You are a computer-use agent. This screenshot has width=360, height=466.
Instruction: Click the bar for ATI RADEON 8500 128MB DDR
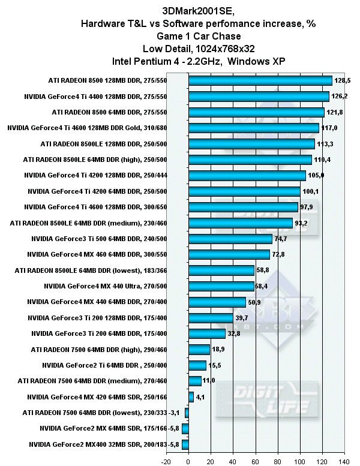pyautogui.click(x=260, y=80)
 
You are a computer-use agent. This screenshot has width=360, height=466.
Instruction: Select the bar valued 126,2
pyautogui.click(x=259, y=96)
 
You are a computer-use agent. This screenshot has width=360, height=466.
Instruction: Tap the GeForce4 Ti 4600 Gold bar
pyautogui.click(x=253, y=128)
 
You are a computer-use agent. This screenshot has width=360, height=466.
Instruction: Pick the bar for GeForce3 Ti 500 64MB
pyautogui.click(x=230, y=239)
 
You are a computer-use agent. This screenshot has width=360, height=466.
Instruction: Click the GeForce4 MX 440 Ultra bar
pyautogui.click(x=221, y=286)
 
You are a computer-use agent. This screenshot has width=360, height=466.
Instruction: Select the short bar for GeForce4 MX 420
pyautogui.click(x=191, y=397)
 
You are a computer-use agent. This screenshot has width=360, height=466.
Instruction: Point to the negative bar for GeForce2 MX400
pyautogui.click(x=185, y=444)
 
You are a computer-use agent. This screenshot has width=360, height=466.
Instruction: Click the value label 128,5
pyautogui.click(x=342, y=80)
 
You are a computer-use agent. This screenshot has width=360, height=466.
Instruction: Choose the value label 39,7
pyautogui.click(x=242, y=318)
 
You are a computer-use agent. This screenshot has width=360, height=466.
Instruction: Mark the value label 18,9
pyautogui.click(x=218, y=350)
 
